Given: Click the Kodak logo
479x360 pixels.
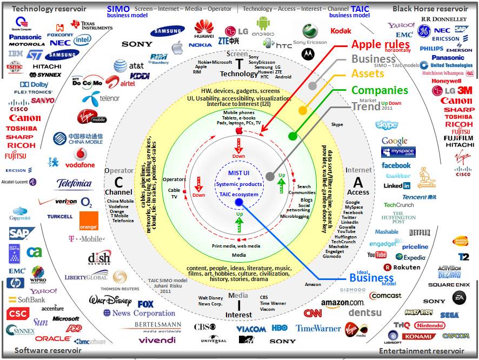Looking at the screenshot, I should coord(341,31).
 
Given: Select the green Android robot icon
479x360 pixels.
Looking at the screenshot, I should coord(263,23).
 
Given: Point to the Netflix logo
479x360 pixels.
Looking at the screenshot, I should coord(420,233).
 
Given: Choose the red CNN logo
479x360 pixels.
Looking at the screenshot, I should coord(312,313).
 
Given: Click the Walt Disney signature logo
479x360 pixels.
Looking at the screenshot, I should coord(110,300).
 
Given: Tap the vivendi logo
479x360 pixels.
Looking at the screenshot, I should coord(157,340).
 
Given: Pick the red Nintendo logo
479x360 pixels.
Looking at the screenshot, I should coord(429,325).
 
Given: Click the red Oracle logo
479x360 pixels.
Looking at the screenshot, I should coord(53,339).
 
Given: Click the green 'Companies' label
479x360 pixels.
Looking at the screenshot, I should coord(380,90).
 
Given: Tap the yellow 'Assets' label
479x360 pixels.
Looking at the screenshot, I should coord(368,74).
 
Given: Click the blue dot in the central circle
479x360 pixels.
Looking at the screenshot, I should coord(239,203).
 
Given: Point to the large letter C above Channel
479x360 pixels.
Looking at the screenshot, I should coord(118,182).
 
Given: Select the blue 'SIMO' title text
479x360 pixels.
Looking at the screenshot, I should coord(118,9).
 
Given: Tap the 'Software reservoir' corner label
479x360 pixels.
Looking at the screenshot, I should coord(48,350).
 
